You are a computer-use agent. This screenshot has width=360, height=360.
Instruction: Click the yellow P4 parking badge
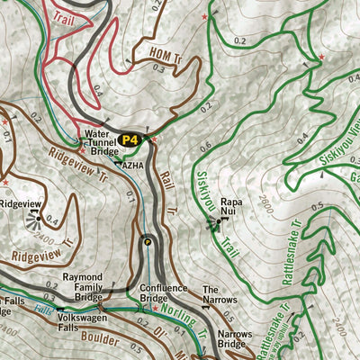[x=130, y=139]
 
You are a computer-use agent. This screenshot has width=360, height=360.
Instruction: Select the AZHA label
[x=132, y=166]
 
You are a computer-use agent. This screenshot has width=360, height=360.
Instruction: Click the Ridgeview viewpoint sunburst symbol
[x=35, y=214]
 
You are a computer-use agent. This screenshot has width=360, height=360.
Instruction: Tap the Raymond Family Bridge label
[x=101, y=287]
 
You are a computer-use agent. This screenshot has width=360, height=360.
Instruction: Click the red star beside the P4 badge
[x=154, y=139]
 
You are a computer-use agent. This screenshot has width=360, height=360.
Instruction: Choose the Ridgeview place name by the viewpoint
[x=20, y=204]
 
